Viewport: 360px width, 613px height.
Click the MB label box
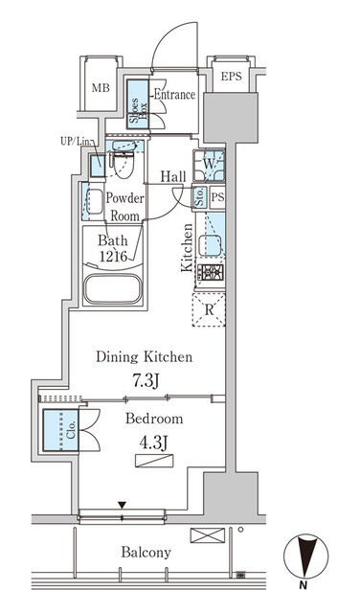pos(100,88)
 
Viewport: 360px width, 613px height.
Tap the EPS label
pos(231,77)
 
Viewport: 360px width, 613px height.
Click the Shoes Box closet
pos(136,107)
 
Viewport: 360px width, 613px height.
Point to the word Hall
pos(173,176)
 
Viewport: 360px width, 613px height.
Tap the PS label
pos(217,198)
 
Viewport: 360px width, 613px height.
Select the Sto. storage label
pos(199,198)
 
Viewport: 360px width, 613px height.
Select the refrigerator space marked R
pos(209,309)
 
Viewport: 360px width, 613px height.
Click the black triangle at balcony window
pos(122,505)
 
